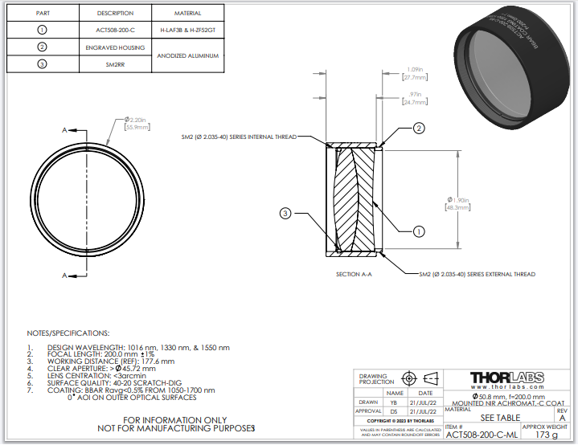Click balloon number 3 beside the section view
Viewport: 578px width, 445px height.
point(285,213)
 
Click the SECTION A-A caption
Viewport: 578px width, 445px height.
point(354,275)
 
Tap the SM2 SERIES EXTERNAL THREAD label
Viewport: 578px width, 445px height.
point(477,275)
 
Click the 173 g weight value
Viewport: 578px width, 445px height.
point(546,435)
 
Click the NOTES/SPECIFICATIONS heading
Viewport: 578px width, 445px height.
point(68,333)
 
